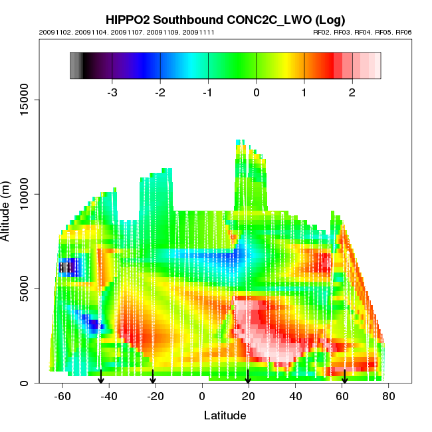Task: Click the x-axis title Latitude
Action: tap(225, 415)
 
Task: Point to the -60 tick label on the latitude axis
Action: tap(62, 396)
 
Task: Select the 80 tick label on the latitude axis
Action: tap(389, 396)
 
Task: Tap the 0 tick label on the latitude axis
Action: tap(202, 396)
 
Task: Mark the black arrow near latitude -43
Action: tap(101, 378)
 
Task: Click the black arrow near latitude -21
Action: tap(153, 378)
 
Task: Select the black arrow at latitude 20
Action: tap(248, 378)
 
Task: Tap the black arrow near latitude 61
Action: tap(344, 378)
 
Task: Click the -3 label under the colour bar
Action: tap(112, 92)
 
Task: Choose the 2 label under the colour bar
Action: tap(352, 92)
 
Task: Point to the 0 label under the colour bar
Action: tap(257, 92)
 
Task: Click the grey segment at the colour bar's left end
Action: tap(75, 66)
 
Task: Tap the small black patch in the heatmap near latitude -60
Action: tap(63, 267)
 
